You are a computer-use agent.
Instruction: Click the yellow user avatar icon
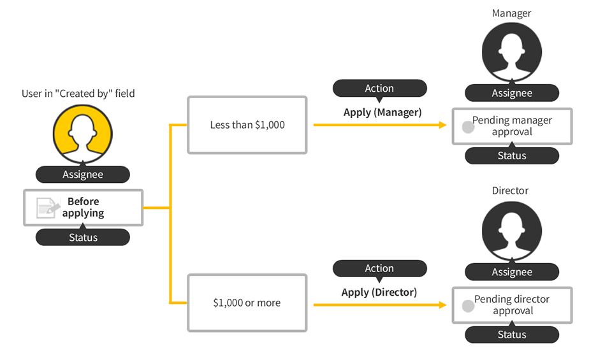click(x=82, y=134)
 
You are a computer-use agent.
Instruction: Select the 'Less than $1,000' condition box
click(x=247, y=125)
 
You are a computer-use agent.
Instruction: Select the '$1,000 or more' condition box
click(x=247, y=303)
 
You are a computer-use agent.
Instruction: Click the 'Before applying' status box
click(x=83, y=207)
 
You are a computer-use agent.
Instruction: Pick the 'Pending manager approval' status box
click(x=512, y=126)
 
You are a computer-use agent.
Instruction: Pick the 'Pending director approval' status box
click(x=512, y=305)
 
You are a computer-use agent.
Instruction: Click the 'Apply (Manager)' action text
click(x=382, y=112)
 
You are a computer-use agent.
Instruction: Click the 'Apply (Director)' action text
click(x=379, y=292)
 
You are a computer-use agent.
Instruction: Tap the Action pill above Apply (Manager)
click(x=379, y=88)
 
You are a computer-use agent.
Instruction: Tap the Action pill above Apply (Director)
click(x=379, y=268)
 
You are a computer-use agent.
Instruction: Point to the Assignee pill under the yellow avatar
click(x=83, y=174)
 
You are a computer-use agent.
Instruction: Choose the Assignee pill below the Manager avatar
click(x=511, y=93)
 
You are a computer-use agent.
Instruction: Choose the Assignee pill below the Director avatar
click(x=511, y=272)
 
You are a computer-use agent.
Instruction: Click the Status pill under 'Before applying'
click(x=83, y=238)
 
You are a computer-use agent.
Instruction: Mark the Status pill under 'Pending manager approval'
click(x=511, y=155)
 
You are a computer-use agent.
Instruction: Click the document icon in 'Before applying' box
click(x=46, y=207)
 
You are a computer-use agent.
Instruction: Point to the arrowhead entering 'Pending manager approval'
click(x=442, y=125)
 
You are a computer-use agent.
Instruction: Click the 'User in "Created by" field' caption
click(x=78, y=93)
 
